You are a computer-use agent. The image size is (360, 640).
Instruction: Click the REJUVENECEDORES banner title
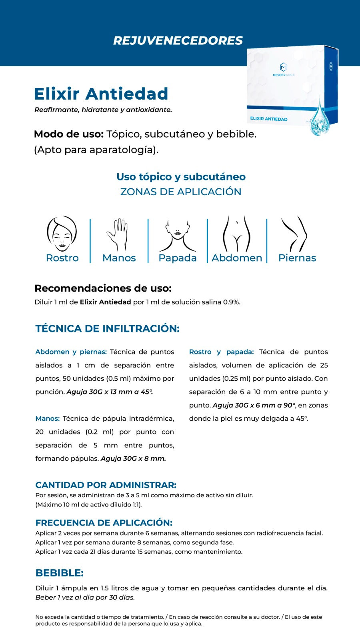pyautogui.click(x=178, y=40)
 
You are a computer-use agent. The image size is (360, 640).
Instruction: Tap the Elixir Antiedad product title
pyautogui.click(x=101, y=94)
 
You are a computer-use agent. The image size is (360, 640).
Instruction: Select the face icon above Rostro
pyautogui.click(x=62, y=234)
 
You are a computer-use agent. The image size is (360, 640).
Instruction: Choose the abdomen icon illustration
pyautogui.click(x=237, y=234)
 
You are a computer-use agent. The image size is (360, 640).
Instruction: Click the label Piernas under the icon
pyautogui.click(x=297, y=258)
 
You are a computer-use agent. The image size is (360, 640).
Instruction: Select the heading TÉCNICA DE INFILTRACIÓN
pyautogui.click(x=107, y=329)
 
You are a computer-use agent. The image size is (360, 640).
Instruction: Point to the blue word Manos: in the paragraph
pyautogui.click(x=47, y=419)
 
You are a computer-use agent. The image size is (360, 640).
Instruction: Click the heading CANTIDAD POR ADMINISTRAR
pyautogui.click(x=106, y=485)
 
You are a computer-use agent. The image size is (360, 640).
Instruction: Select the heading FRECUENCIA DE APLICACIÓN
pyautogui.click(x=104, y=523)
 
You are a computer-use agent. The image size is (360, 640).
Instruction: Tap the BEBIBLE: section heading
pyautogui.click(x=59, y=573)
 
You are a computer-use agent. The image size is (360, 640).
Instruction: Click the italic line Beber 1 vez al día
pyautogui.click(x=85, y=598)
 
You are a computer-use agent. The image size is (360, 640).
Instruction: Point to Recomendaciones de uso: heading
pyautogui.click(x=103, y=288)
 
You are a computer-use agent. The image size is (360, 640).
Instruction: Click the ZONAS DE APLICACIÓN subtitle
pyautogui.click(x=181, y=192)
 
